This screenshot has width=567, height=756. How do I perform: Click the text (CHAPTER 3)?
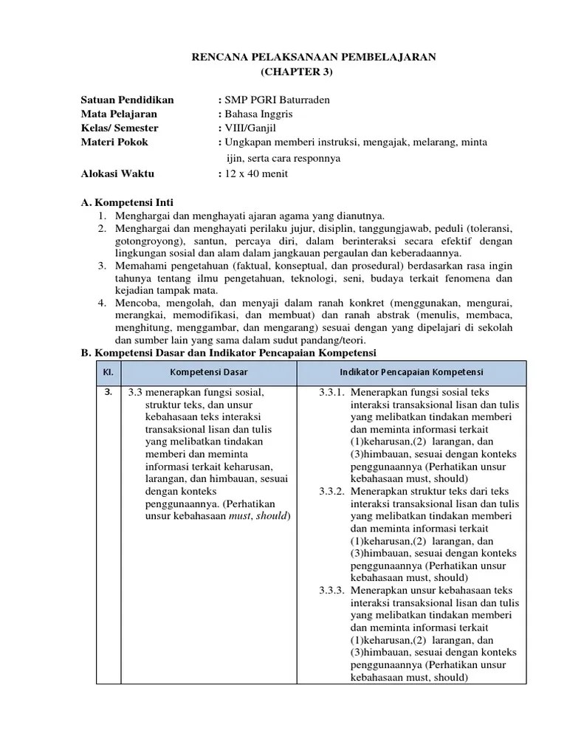click(298, 72)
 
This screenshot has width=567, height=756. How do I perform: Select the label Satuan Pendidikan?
click(127, 100)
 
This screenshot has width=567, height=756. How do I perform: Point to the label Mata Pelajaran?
click(119, 114)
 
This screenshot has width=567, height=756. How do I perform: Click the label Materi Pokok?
click(114, 142)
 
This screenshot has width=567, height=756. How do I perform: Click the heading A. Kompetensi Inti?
click(127, 202)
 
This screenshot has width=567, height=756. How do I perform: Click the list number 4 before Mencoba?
click(101, 303)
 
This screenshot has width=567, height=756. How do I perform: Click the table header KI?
click(108, 371)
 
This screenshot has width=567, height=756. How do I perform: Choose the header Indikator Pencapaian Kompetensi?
click(411, 371)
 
